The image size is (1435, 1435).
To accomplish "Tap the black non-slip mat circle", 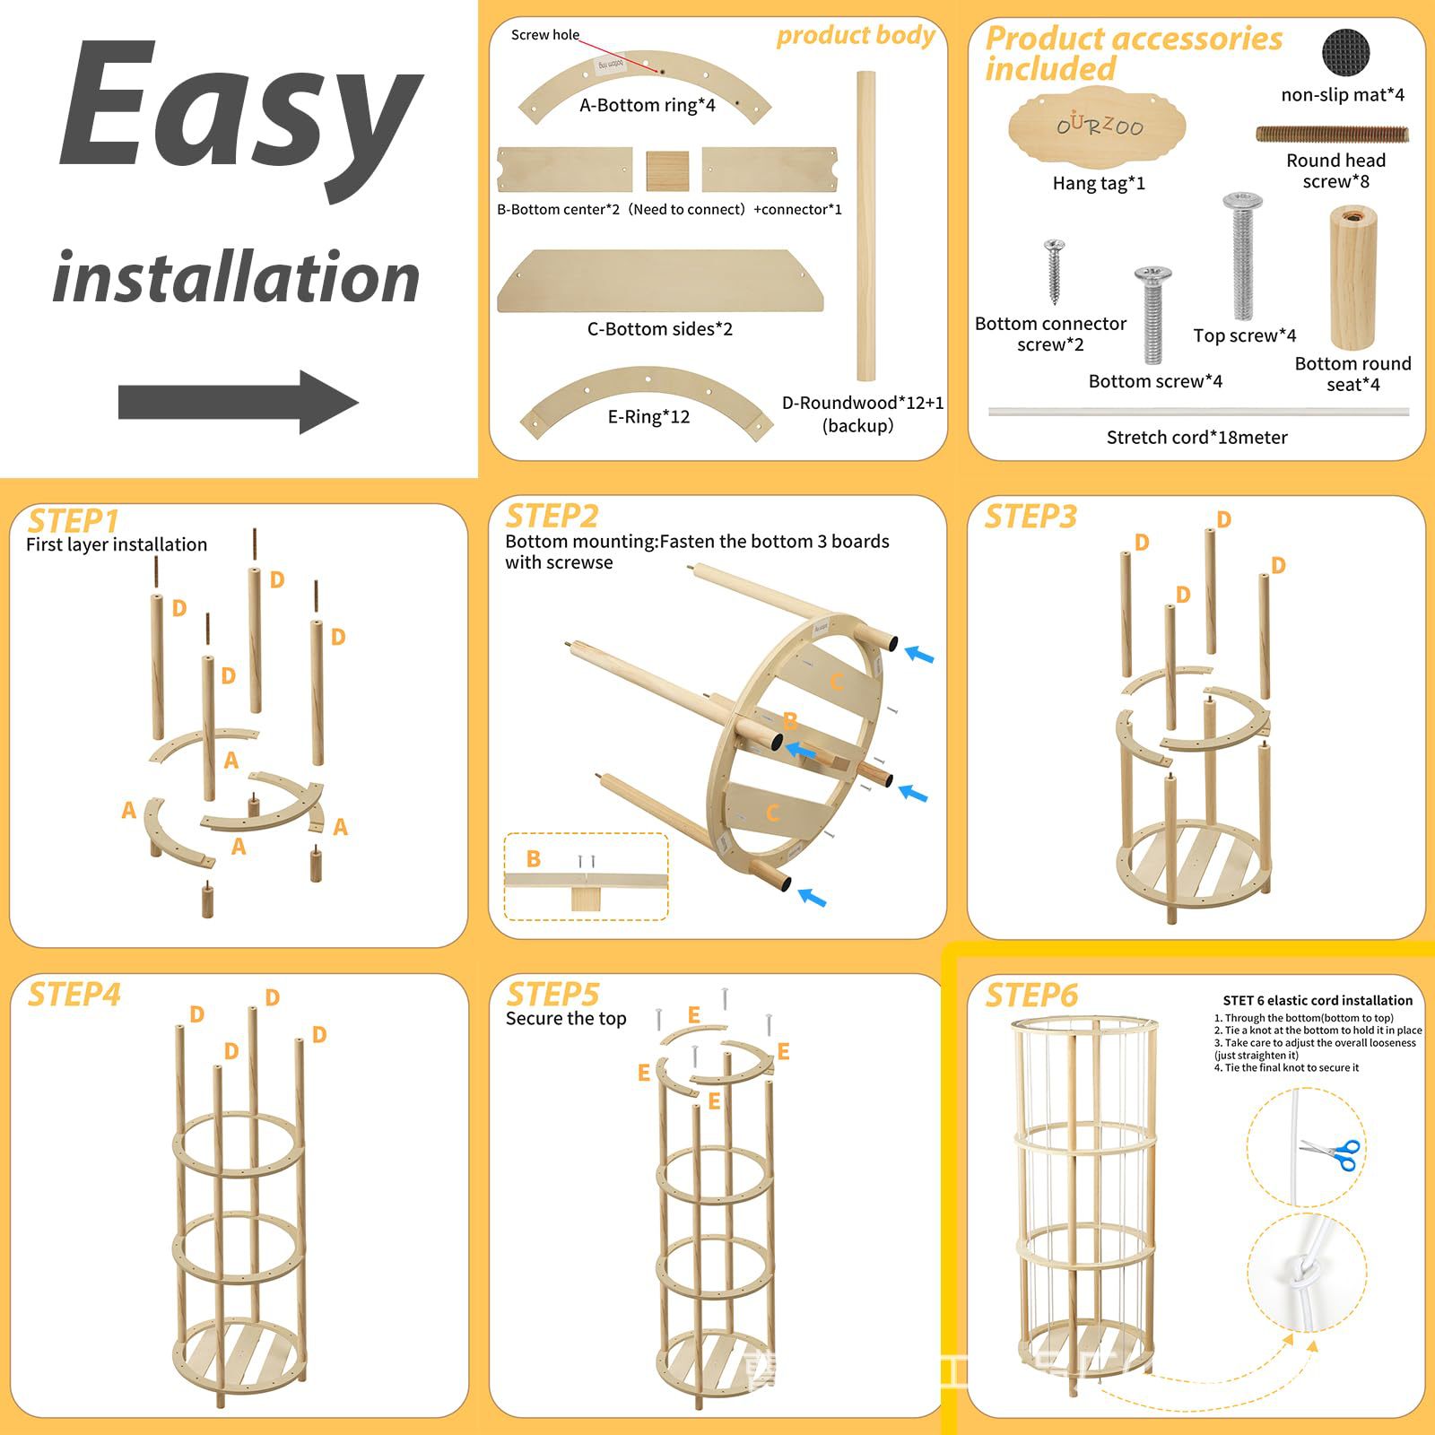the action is click(1345, 53).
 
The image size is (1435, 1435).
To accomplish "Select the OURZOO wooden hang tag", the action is click(1097, 128).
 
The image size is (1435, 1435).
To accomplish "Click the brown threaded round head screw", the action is click(1332, 135).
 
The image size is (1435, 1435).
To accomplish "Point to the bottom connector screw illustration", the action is click(1055, 271).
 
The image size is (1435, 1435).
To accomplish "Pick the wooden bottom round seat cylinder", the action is click(1352, 277).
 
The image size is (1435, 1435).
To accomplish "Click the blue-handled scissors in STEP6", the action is click(1331, 1152).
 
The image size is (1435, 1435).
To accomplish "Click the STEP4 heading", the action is click(74, 995).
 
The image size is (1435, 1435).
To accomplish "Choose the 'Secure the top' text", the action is click(566, 1019).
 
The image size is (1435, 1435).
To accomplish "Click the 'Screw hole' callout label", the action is click(544, 35).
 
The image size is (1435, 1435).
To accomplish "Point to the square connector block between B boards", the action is click(667, 170).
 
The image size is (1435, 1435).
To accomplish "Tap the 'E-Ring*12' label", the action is click(648, 417).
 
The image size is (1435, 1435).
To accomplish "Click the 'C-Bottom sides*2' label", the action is click(659, 329).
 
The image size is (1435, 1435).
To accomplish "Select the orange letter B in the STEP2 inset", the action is click(534, 859).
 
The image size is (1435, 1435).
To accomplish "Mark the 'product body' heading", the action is click(855, 36).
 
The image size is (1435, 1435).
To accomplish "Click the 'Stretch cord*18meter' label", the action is click(1196, 438).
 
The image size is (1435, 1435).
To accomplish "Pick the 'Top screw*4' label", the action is click(1244, 335).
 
